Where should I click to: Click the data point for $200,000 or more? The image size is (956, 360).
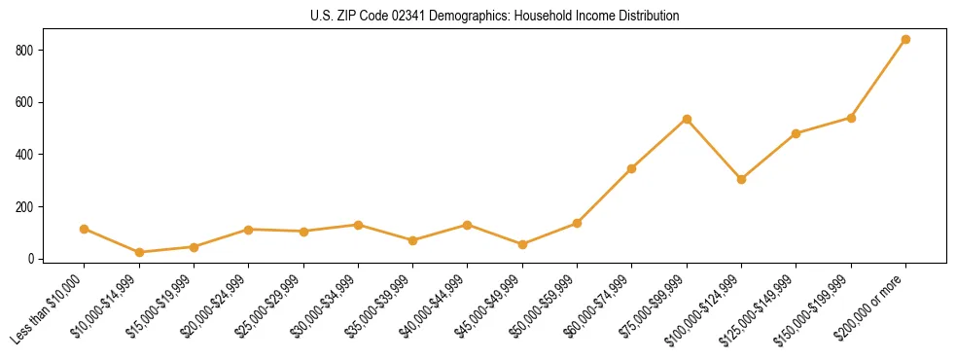pyautogui.click(x=905, y=40)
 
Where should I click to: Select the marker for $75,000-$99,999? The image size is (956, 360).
pyautogui.click(x=687, y=119)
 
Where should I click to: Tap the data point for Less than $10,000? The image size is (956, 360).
pyautogui.click(x=84, y=229)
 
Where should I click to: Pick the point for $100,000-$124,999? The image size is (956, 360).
pyautogui.click(x=741, y=179)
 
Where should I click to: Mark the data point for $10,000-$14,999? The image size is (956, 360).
pyautogui.click(x=139, y=253)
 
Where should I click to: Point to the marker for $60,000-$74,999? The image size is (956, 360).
pyautogui.click(x=632, y=168)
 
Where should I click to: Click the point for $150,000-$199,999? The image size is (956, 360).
pyautogui.click(x=851, y=118)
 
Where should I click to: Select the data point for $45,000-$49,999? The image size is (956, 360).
pyautogui.click(x=522, y=244)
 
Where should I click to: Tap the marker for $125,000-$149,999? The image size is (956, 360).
pyautogui.click(x=797, y=133)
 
